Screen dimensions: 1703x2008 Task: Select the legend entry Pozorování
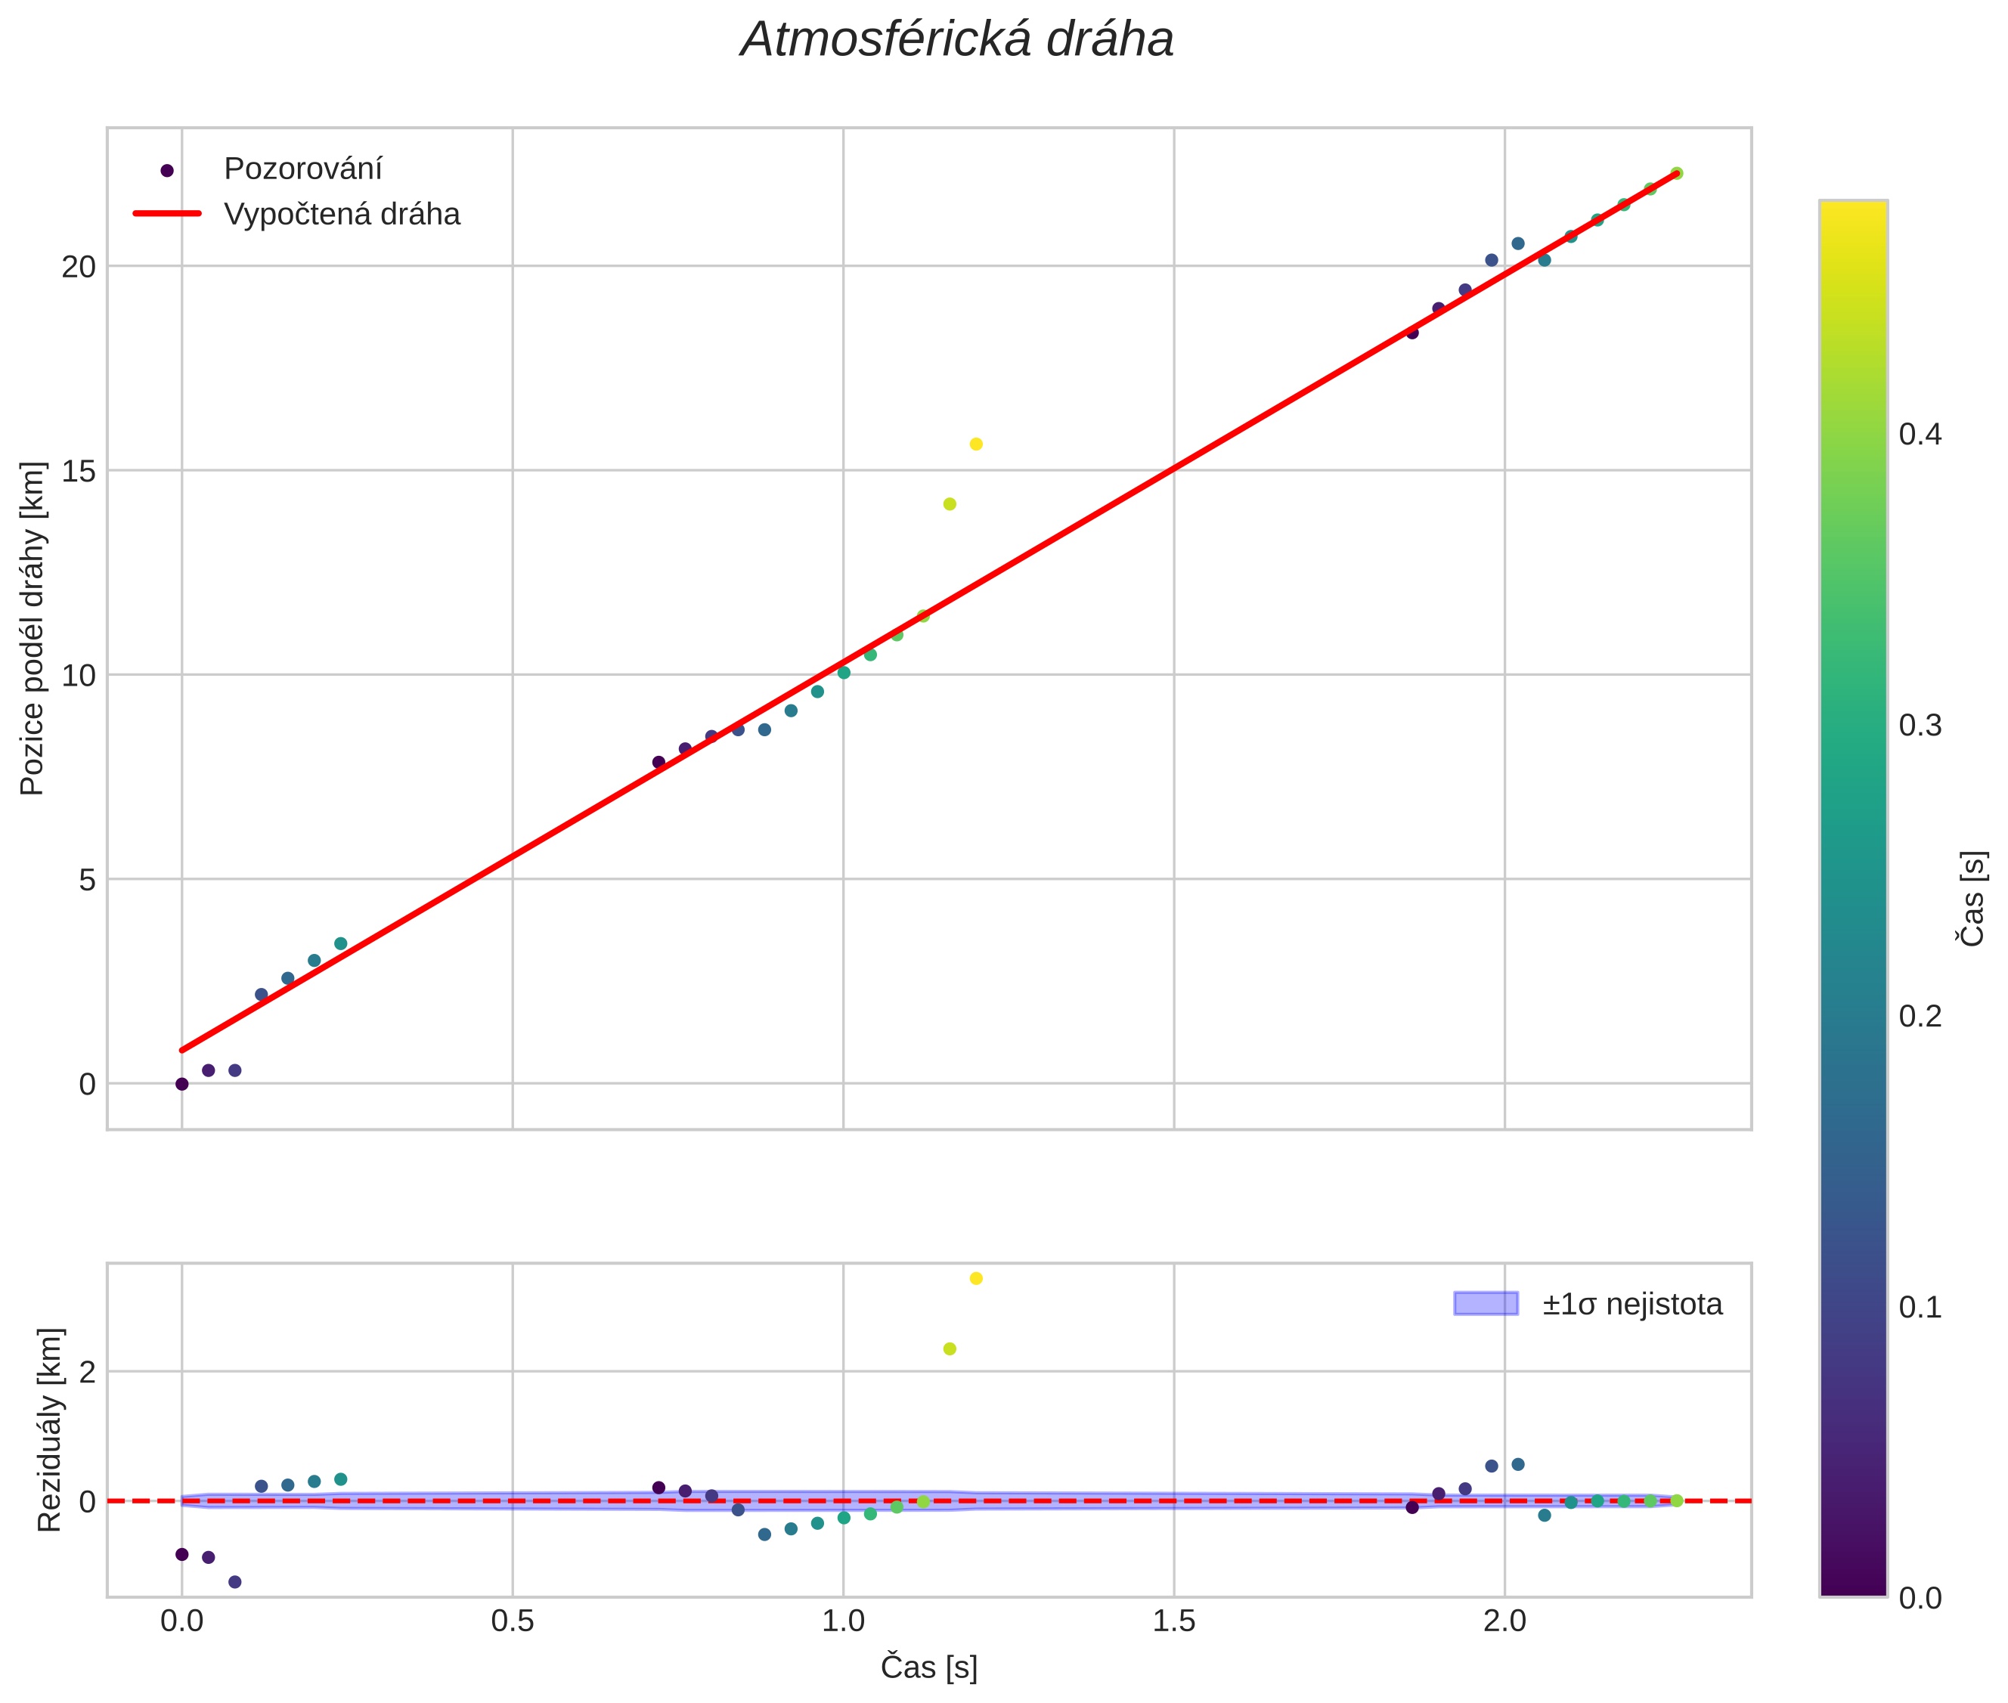pos(302,169)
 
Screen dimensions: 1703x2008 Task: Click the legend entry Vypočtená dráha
pos(342,215)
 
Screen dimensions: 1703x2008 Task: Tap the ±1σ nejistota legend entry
pos(1631,1305)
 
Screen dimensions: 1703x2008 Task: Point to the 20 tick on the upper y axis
pos(79,267)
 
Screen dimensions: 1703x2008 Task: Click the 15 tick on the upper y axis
pos(79,471)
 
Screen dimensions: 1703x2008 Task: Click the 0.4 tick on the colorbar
pos(1920,435)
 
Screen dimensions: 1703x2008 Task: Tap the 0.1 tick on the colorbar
pos(1920,1307)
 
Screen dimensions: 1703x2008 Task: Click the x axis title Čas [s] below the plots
pos(928,1667)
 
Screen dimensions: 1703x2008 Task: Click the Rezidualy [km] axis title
pos(49,1429)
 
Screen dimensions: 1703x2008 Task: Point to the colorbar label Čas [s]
pos(1973,898)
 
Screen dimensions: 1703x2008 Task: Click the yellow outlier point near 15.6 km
pos(976,444)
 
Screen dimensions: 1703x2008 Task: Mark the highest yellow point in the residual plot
pos(976,1278)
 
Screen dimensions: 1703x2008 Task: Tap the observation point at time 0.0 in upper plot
pos(181,1084)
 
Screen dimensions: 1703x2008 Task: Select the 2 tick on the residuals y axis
pos(87,1372)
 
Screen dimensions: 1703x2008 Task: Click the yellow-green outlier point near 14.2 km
pos(950,504)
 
